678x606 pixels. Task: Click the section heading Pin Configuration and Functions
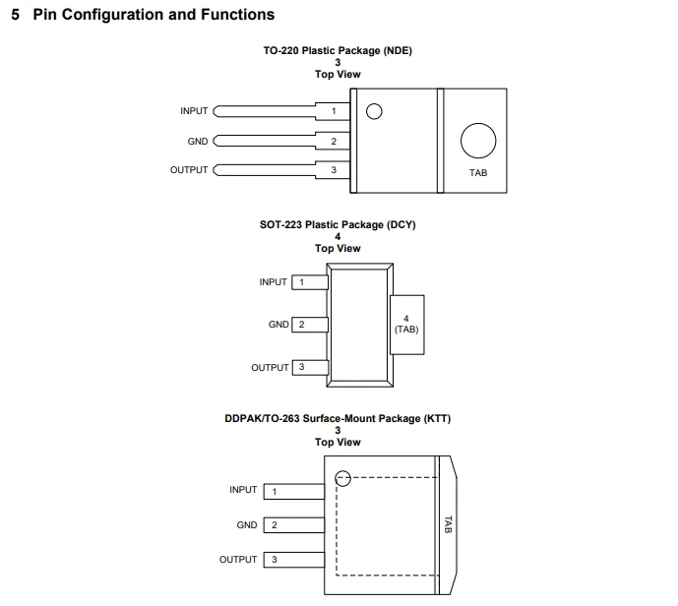point(154,15)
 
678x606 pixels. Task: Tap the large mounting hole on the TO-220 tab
point(478,124)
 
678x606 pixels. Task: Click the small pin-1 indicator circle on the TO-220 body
point(374,104)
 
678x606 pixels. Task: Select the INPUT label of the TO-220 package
point(194,111)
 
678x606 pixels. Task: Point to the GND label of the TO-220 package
point(198,142)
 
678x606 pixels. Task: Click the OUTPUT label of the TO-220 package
point(189,170)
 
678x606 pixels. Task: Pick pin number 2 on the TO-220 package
point(334,142)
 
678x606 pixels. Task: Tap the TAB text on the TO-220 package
point(478,173)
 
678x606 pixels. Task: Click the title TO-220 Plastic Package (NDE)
point(338,50)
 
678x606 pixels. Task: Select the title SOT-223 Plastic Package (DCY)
point(338,224)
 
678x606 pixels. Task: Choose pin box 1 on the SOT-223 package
point(310,282)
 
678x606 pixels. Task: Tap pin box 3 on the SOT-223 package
point(310,367)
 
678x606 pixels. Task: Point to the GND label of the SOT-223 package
point(278,325)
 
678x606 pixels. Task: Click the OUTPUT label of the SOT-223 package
point(270,368)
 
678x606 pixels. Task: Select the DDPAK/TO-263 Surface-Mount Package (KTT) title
point(338,418)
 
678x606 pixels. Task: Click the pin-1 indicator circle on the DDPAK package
point(342,471)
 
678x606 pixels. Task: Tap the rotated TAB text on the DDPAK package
point(448,524)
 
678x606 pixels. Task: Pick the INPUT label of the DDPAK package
point(243,490)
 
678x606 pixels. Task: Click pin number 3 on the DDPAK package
point(275,560)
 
